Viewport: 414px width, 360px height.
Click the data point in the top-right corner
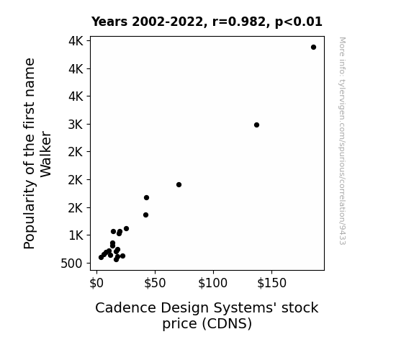[313, 48]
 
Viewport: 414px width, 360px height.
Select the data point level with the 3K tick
[256, 125]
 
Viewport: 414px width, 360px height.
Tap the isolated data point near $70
[179, 184]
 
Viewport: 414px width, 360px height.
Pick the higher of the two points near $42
[147, 197]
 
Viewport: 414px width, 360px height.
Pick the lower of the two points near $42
[145, 215]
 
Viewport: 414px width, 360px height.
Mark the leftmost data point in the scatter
[101, 257]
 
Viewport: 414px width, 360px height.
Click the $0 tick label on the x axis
[96, 283]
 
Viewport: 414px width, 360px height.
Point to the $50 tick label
[155, 283]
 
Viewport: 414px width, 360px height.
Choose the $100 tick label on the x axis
[213, 283]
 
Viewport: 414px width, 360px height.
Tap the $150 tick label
[271, 283]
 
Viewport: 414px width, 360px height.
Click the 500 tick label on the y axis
[71, 264]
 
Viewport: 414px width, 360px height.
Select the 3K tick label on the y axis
[76, 125]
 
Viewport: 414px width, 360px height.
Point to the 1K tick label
[76, 235]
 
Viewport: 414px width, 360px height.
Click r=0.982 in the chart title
[239, 22]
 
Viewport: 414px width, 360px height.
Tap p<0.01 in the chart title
[299, 22]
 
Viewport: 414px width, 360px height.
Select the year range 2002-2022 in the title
[167, 22]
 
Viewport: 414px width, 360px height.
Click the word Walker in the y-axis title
[45, 154]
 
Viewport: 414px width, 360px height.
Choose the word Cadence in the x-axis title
[126, 308]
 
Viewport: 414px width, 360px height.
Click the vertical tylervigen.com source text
[342, 141]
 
